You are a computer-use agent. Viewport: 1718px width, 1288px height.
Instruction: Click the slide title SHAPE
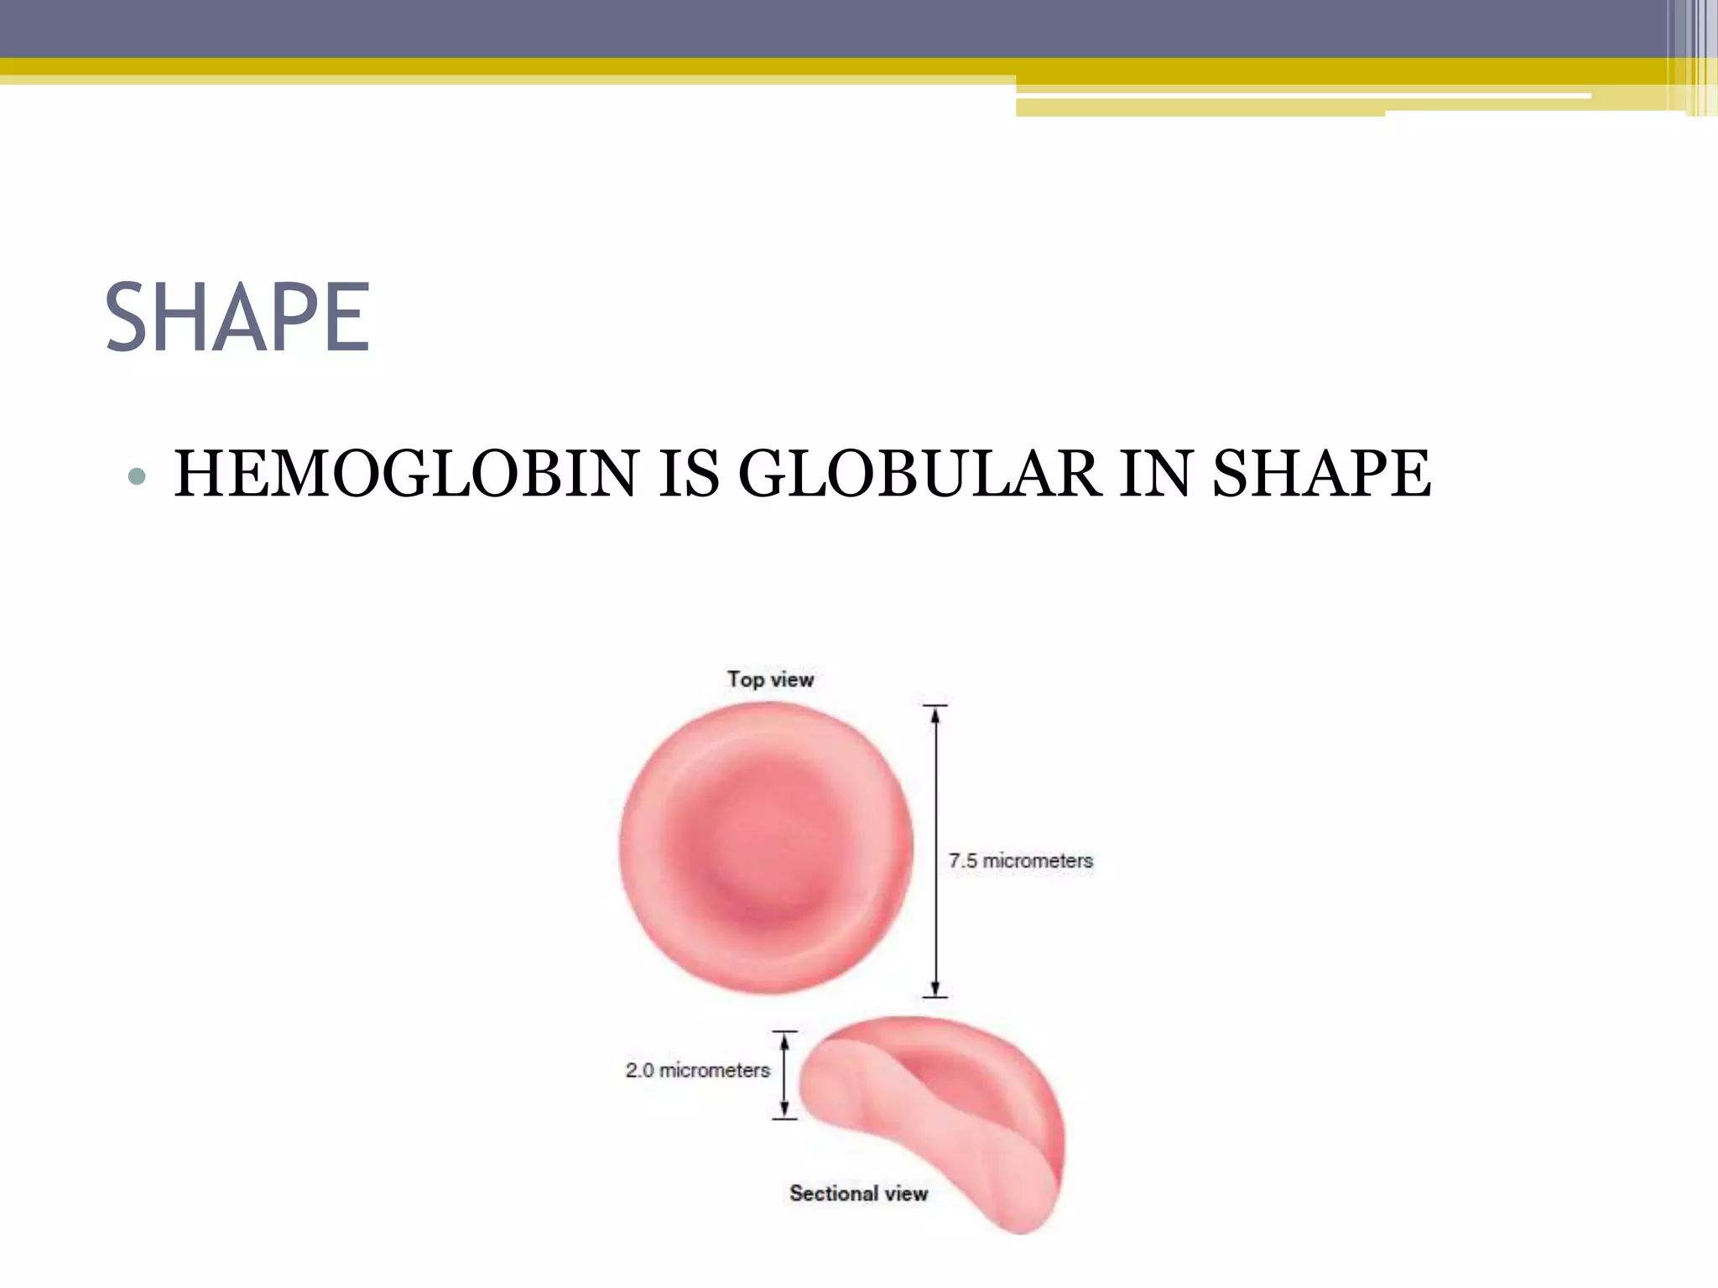pyautogui.click(x=237, y=318)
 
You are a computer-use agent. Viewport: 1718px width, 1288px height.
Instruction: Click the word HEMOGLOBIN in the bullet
pyautogui.click(x=406, y=474)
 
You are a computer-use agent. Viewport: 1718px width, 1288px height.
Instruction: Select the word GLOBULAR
pyautogui.click(x=919, y=474)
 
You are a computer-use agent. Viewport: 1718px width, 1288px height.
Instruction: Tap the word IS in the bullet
pyautogui.click(x=688, y=474)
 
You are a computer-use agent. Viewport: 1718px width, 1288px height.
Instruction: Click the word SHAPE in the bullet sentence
pyautogui.click(x=1321, y=474)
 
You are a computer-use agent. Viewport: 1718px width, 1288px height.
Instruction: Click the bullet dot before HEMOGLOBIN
pyautogui.click(x=137, y=477)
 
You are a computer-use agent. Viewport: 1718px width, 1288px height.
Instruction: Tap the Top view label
pyautogui.click(x=770, y=679)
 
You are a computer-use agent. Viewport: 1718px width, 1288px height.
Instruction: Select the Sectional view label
pyautogui.click(x=858, y=1193)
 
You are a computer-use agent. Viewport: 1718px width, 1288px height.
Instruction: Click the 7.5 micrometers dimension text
pyautogui.click(x=1021, y=860)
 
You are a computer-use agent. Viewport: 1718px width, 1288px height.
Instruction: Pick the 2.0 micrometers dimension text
pyautogui.click(x=697, y=1070)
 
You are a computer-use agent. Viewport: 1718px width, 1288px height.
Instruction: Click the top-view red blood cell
pyautogui.click(x=766, y=849)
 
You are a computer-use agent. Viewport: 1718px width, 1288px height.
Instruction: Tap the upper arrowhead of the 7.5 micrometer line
pyautogui.click(x=935, y=715)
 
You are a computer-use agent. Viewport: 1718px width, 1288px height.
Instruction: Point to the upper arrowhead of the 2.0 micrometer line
pyautogui.click(x=784, y=1041)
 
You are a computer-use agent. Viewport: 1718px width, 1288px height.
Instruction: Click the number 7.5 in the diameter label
pyautogui.click(x=963, y=860)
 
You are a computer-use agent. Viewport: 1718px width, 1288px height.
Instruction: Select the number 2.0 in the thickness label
pyautogui.click(x=640, y=1070)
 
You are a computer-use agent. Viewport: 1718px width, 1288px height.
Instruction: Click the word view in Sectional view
pyautogui.click(x=906, y=1193)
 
